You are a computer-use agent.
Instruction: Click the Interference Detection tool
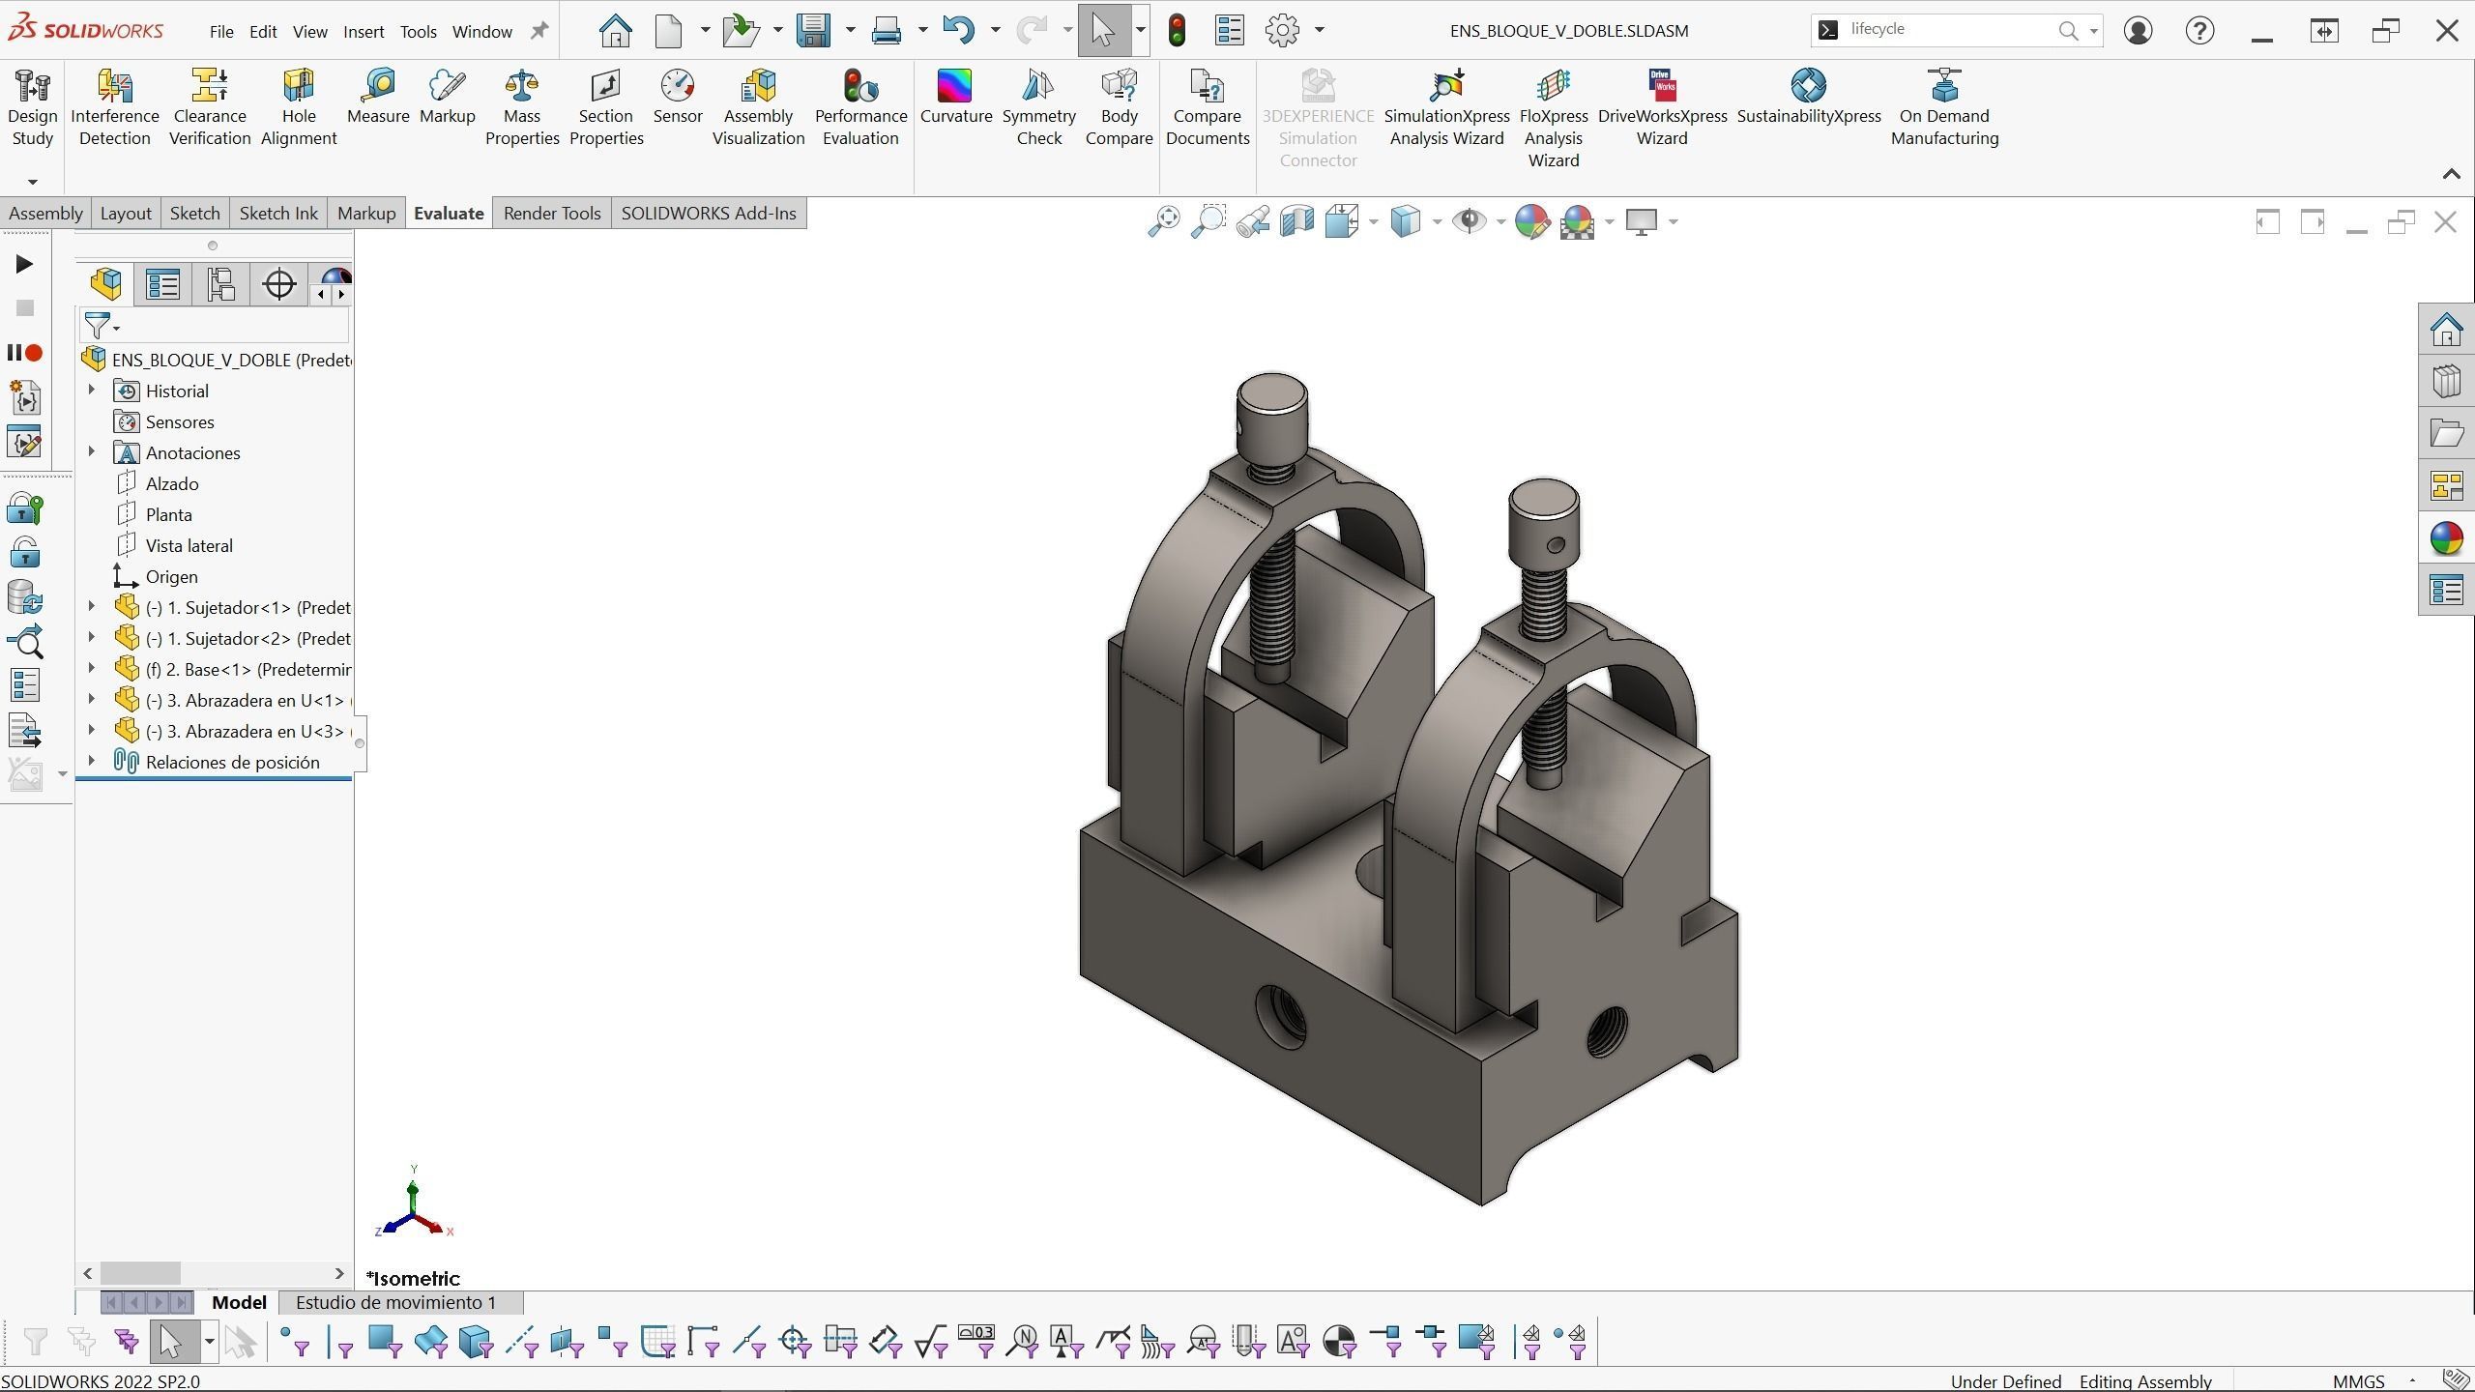pyautogui.click(x=114, y=106)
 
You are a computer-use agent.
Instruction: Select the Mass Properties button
pyautogui.click(x=522, y=106)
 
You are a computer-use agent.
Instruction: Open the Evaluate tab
pyautogui.click(x=448, y=213)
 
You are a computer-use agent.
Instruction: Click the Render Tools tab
pyautogui.click(x=551, y=213)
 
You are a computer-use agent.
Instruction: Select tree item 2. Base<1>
pyautogui.click(x=247, y=669)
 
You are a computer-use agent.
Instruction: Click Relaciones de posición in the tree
pyautogui.click(x=232, y=762)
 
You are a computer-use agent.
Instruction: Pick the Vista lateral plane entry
pyautogui.click(x=189, y=545)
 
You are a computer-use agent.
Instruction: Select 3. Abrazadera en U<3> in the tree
pyautogui.click(x=247, y=731)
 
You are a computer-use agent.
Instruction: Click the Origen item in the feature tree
pyautogui.click(x=171, y=576)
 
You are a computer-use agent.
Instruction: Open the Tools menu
pyautogui.click(x=418, y=31)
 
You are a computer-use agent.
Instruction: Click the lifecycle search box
pyautogui.click(x=1943, y=29)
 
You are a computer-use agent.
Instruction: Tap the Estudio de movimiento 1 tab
pyautogui.click(x=395, y=1302)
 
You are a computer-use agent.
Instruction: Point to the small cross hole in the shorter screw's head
pyautogui.click(x=1555, y=545)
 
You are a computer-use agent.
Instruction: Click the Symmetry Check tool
pyautogui.click(x=1038, y=106)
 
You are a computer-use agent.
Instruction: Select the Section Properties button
pyautogui.click(x=605, y=106)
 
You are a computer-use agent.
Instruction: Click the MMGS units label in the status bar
pyautogui.click(x=2358, y=1381)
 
